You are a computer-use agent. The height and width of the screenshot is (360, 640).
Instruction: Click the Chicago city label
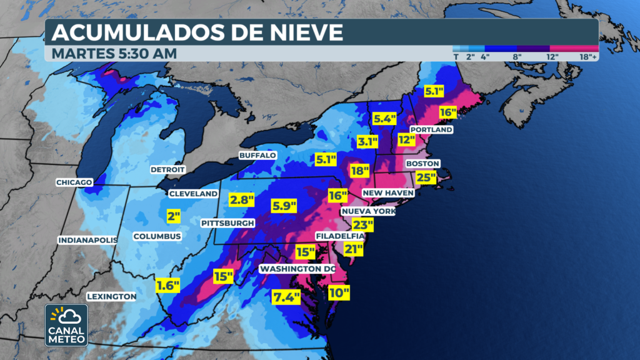coord(74,182)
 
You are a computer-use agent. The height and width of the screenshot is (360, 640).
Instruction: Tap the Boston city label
coord(423,164)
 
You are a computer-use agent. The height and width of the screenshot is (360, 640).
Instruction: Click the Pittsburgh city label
coord(228,223)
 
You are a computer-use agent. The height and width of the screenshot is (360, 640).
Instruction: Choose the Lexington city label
coord(111,296)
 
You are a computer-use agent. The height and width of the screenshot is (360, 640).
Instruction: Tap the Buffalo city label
coord(257,155)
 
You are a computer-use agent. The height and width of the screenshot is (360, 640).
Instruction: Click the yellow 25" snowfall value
coord(426,177)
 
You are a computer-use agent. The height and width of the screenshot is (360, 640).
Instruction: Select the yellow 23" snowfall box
coord(362,225)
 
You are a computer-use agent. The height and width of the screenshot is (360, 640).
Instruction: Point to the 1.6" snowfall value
coord(167,286)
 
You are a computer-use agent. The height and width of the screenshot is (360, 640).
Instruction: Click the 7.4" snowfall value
coord(286,297)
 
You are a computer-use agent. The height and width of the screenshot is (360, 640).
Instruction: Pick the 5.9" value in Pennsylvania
coord(284,205)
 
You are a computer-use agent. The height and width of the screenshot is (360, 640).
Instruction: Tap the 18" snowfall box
coord(360,170)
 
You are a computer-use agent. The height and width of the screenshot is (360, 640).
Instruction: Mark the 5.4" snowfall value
coord(386,117)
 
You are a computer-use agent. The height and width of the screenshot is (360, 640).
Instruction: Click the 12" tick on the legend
coord(552,56)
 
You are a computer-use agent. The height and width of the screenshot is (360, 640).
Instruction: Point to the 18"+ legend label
coord(588,56)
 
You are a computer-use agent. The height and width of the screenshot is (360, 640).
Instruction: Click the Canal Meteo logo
coord(66,325)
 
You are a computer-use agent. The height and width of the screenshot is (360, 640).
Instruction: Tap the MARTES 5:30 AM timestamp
coord(114,54)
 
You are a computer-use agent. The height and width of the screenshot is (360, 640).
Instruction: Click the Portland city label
coord(431,130)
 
